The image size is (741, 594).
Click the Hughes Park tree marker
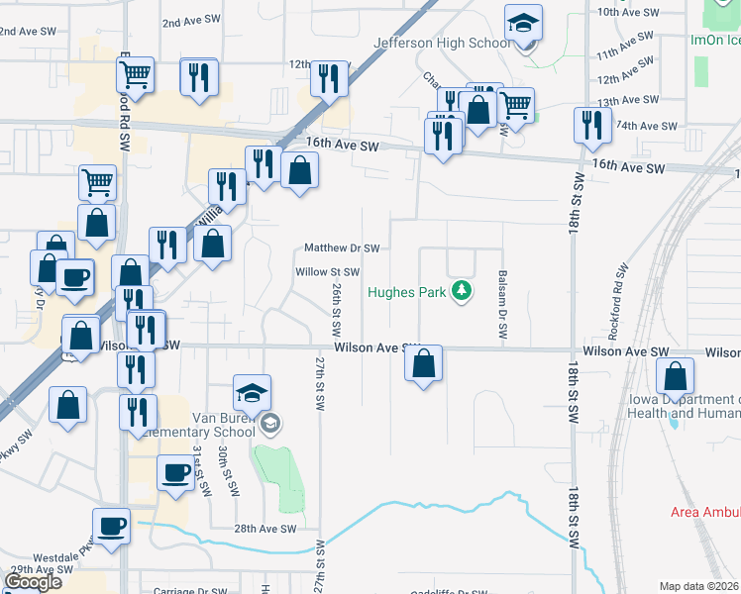tap(460, 291)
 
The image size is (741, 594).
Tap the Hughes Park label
tap(407, 292)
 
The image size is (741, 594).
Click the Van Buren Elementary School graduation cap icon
tap(253, 394)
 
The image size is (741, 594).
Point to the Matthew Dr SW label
tap(342, 247)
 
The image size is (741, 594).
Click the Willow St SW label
tap(327, 271)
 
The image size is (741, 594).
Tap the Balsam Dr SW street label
tap(503, 304)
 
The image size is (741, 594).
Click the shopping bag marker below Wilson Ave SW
tap(423, 365)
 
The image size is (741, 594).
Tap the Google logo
tap(33, 582)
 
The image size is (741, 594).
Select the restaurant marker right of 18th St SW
tap(590, 127)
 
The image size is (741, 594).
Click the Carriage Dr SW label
tap(193, 590)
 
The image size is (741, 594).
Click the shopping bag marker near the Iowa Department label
tap(675, 377)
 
